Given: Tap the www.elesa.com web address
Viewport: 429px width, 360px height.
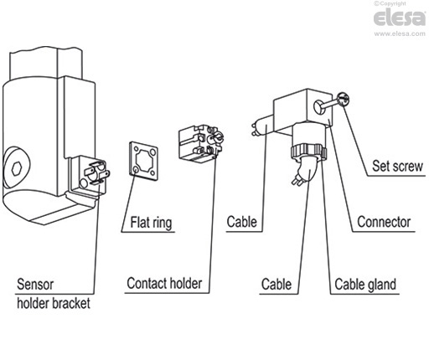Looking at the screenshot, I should tap(399, 34).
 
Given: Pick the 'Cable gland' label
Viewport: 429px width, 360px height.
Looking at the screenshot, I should tap(364, 284).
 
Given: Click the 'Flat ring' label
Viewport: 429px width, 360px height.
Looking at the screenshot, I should tap(152, 223).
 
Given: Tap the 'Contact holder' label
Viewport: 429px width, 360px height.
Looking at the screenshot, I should tap(164, 284).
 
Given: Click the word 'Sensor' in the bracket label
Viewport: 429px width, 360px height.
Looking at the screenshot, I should tap(37, 282).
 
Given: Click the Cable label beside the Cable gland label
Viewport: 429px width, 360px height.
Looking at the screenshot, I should tap(276, 284).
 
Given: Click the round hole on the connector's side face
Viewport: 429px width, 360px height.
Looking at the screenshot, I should tap(319, 105).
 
